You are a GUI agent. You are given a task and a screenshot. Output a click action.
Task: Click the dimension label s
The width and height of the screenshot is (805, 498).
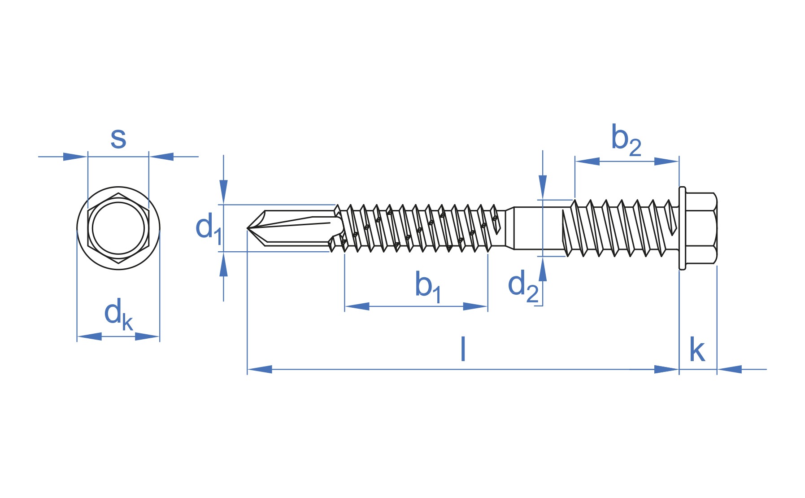tap(118, 139)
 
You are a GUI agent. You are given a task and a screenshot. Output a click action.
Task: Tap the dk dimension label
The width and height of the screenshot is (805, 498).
tap(118, 314)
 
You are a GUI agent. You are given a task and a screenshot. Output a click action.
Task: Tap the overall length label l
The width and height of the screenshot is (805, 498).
tap(463, 349)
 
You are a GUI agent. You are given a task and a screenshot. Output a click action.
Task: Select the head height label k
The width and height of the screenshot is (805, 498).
tap(697, 349)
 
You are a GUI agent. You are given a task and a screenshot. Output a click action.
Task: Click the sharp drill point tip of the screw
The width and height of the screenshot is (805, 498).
tap(248, 228)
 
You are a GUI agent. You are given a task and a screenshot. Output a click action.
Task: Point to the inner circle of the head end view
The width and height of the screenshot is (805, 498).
tap(118, 202)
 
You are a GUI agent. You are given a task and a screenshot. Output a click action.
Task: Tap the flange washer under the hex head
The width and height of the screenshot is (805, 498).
tap(682, 228)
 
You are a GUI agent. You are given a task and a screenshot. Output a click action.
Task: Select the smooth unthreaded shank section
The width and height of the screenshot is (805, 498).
tap(538, 228)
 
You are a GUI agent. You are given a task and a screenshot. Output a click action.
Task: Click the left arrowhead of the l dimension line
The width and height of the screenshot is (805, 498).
tap(260, 369)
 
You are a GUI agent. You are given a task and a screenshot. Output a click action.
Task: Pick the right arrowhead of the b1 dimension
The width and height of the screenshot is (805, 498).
tap(475, 306)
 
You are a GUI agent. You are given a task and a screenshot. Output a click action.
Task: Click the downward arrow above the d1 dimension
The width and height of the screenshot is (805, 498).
tap(223, 192)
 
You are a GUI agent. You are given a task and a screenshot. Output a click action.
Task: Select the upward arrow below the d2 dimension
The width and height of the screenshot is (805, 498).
tap(543, 269)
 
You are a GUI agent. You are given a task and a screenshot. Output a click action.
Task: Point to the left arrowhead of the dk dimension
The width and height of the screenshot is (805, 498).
tap(89, 336)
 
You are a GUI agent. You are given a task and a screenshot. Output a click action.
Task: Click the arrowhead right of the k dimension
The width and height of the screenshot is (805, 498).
tap(730, 369)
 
